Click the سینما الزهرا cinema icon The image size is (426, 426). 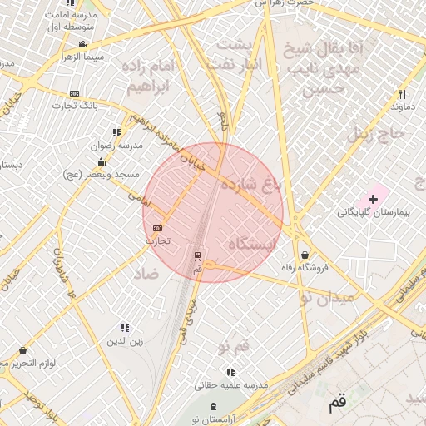pos(82,44)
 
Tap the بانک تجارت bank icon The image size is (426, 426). pos(75,93)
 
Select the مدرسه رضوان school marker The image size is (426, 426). pos(116,132)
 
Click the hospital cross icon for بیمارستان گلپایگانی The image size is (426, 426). pos(373,199)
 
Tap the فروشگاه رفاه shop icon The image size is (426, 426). pos(305,255)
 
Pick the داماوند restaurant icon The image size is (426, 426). pos(402,94)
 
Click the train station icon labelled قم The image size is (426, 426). pos(197,255)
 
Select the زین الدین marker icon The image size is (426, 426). pos(125,329)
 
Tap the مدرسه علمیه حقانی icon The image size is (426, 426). pos(230,372)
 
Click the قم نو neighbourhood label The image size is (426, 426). pos(234,344)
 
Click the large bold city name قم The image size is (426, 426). pos(336,404)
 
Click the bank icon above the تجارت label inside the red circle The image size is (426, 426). pos(158,228)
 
